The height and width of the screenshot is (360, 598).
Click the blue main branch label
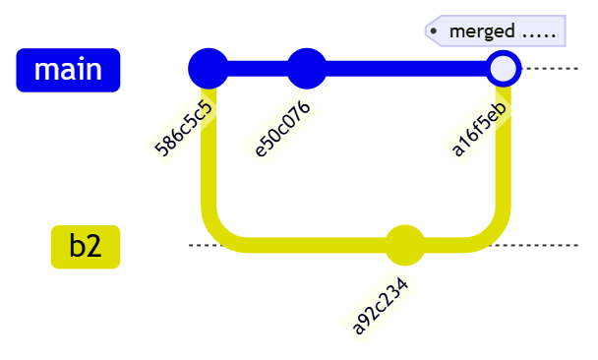tap(68, 70)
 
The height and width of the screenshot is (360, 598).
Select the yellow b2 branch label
tap(86, 246)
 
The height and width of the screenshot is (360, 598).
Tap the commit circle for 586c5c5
tap(208, 69)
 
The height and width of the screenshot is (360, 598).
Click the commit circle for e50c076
tap(307, 69)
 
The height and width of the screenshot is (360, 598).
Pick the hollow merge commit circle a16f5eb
tap(503, 69)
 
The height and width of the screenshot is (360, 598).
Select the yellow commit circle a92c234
tap(404, 246)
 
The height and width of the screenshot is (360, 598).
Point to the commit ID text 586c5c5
tap(184, 127)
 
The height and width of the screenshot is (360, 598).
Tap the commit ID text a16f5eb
tap(479, 128)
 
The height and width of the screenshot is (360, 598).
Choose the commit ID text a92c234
tap(381, 305)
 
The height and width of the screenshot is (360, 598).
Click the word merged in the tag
tap(482, 31)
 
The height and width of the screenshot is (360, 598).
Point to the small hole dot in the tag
tap(434, 31)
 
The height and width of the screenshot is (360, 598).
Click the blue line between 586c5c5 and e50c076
tap(258, 69)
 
